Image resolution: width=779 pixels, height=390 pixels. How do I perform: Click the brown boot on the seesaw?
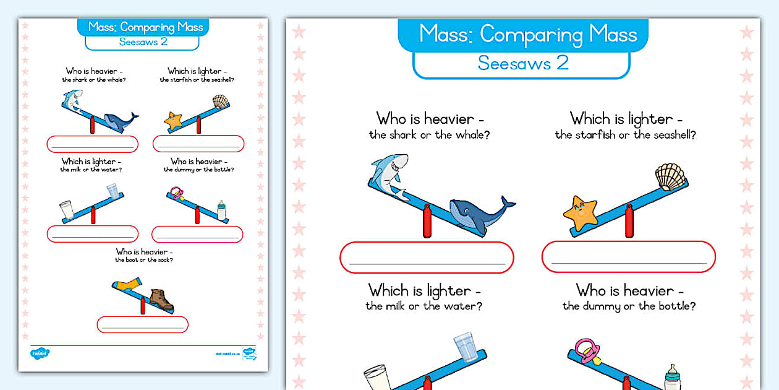pos(162,300)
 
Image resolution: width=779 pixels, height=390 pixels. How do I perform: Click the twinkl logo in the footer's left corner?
pos(40,353)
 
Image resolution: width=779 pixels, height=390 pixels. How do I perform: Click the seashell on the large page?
pos(670,178)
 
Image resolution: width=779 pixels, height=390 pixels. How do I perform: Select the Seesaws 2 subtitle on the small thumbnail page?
pos(142,42)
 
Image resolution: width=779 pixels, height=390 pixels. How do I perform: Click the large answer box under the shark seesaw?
pos(427,257)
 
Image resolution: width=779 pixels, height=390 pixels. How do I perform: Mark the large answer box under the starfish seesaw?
pos(628,257)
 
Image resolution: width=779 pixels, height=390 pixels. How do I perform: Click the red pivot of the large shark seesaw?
pos(427,223)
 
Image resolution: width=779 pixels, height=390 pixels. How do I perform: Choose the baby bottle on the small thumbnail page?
pos(221,210)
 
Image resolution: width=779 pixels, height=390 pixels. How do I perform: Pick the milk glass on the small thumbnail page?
pos(67,210)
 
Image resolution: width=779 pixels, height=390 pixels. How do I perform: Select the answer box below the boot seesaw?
pos(142,324)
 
